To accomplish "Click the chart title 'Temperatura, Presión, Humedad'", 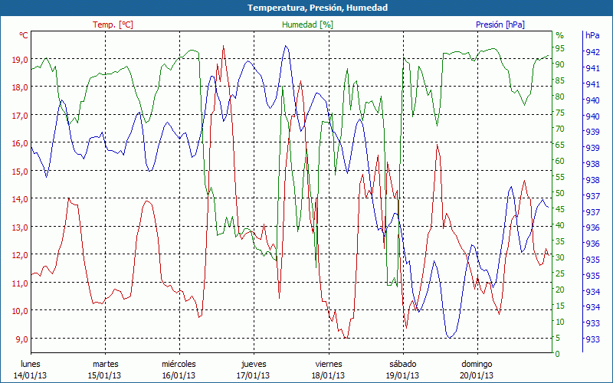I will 306,8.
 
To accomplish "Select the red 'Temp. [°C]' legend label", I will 113,25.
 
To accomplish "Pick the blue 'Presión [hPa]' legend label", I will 500,25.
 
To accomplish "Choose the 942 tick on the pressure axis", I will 592,52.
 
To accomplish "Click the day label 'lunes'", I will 31,364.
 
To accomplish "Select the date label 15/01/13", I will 105,375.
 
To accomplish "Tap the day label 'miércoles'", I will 179,364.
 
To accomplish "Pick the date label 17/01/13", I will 253,375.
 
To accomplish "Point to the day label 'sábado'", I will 402,364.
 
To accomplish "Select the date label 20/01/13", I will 476,375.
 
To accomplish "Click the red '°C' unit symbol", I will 24,35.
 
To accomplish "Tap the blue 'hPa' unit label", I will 592,35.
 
